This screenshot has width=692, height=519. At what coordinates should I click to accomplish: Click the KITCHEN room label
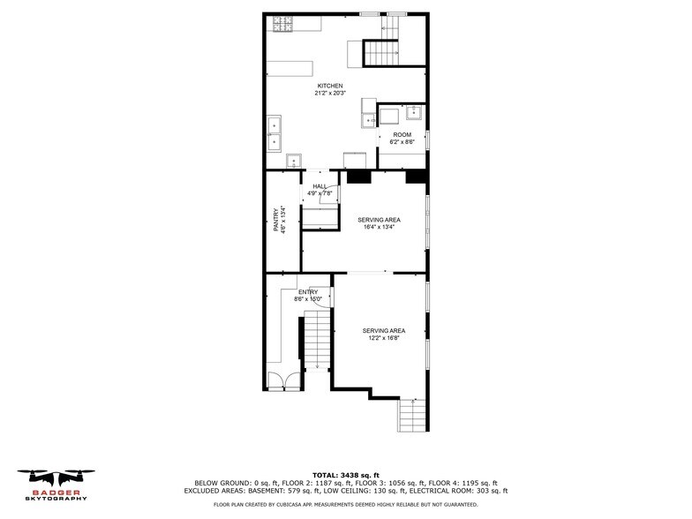click(330, 86)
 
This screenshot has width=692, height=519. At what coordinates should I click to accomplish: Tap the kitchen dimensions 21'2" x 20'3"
click(330, 93)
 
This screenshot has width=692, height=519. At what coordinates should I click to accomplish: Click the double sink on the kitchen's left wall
click(274, 133)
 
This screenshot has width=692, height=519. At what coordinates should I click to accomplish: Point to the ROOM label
click(402, 135)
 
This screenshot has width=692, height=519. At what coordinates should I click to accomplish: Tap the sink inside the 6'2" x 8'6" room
click(412, 112)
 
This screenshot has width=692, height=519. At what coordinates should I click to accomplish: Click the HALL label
click(319, 186)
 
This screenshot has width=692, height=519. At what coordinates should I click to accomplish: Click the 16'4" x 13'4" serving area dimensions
click(379, 227)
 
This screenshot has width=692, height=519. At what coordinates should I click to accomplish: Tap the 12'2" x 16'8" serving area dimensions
click(384, 338)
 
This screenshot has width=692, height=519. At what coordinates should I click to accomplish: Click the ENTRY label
click(307, 292)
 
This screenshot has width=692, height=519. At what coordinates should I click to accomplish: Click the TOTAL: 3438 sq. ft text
click(345, 475)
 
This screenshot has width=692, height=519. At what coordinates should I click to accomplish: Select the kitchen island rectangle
click(290, 68)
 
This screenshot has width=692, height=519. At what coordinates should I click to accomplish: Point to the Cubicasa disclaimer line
click(345, 505)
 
